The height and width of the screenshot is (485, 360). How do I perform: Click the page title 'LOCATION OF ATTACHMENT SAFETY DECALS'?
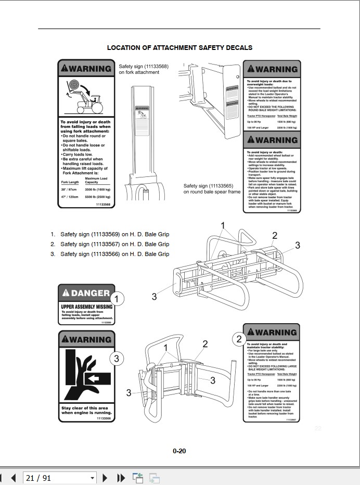(179, 47)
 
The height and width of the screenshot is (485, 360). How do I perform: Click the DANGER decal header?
(86, 293)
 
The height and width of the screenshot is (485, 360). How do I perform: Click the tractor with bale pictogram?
(86, 97)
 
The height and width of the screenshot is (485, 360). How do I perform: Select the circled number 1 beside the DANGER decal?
(118, 299)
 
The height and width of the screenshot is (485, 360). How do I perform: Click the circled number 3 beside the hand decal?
(117, 358)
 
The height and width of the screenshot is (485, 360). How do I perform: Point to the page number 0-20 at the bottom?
(179, 451)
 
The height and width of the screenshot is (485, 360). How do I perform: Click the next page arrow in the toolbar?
(105, 477)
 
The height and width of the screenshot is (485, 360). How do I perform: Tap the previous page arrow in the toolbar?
(14, 477)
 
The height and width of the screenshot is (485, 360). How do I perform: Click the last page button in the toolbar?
(121, 477)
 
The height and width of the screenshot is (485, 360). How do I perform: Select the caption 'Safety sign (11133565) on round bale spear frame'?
(211, 188)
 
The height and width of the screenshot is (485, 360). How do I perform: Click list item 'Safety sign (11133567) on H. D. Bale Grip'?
(114, 244)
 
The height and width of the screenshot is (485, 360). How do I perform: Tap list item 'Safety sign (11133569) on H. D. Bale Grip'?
(114, 234)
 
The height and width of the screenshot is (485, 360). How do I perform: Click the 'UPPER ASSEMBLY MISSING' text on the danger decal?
(86, 307)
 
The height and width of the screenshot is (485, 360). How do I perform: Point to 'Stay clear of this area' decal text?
(86, 408)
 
